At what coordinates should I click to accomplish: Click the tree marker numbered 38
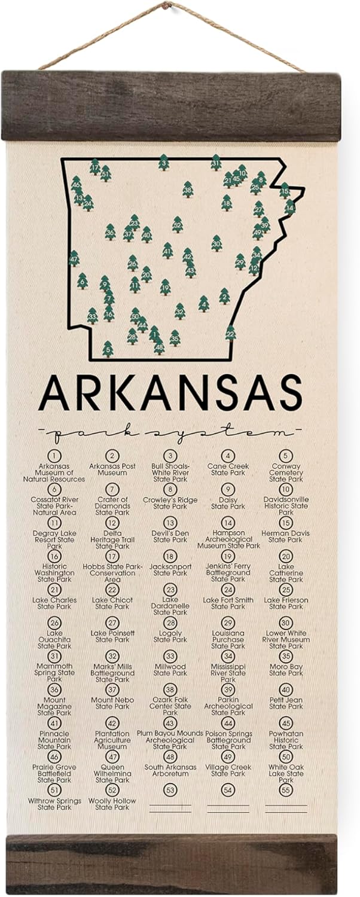(188, 190)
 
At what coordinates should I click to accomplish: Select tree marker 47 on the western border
(74, 259)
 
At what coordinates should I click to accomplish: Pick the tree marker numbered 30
(216, 243)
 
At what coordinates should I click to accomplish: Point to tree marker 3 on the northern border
(163, 162)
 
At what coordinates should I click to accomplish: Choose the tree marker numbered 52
(177, 224)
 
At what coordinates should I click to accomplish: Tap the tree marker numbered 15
(285, 191)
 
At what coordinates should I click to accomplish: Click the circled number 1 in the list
(54, 456)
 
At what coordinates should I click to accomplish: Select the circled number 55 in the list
(286, 790)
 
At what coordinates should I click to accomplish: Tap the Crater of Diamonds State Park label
(112, 506)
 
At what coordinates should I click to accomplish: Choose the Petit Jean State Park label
(286, 703)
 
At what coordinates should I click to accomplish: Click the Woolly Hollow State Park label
(112, 804)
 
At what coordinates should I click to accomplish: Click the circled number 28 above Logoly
(170, 623)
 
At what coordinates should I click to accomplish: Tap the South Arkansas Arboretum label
(170, 770)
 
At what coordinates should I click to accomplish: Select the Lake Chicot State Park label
(112, 603)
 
